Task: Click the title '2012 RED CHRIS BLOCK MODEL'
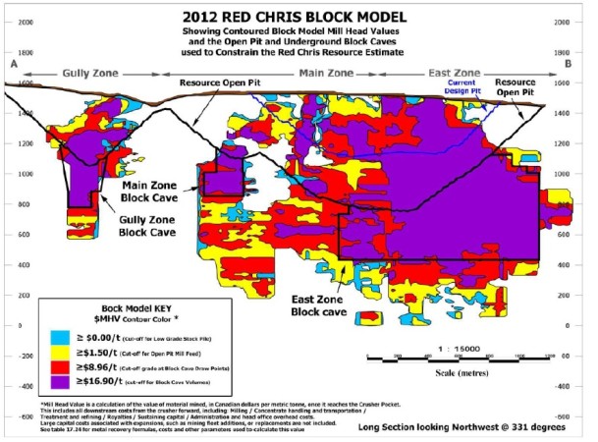point(299,15)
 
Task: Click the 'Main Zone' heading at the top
point(327,73)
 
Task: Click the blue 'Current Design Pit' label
point(463,88)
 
